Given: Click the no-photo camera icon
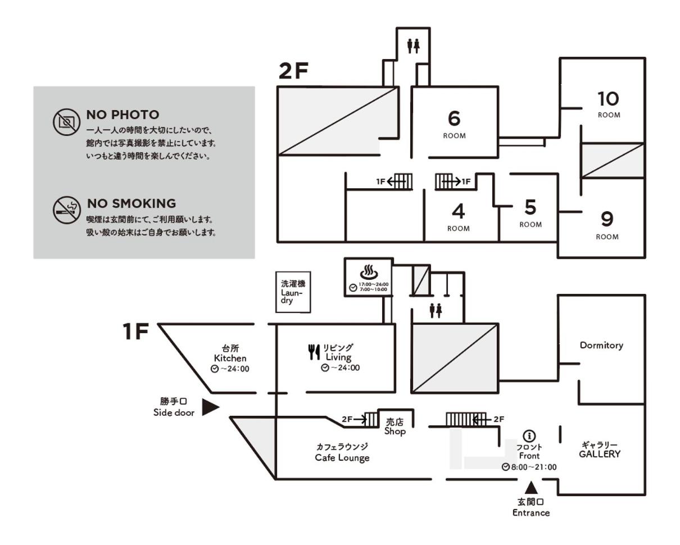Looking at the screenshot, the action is click(x=66, y=122).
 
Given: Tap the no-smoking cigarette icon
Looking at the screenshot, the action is click(x=66, y=210).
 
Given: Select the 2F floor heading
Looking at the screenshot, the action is click(x=293, y=71).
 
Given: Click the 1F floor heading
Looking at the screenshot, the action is click(x=135, y=331).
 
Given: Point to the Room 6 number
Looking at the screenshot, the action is click(x=454, y=119).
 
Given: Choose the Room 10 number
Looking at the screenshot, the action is click(x=608, y=99).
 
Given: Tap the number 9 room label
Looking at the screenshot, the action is click(x=607, y=219).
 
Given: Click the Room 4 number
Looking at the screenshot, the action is click(x=458, y=211).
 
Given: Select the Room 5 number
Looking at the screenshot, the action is click(x=530, y=207).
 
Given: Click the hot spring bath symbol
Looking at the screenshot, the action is click(x=369, y=272).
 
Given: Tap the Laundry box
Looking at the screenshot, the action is click(x=293, y=292).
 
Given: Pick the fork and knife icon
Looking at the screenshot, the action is click(x=314, y=352).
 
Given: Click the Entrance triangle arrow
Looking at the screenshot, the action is click(x=531, y=488).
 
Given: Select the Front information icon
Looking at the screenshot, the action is click(x=529, y=437).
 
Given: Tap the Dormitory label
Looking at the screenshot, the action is click(x=601, y=346).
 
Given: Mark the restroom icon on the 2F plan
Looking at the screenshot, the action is click(x=413, y=46).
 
